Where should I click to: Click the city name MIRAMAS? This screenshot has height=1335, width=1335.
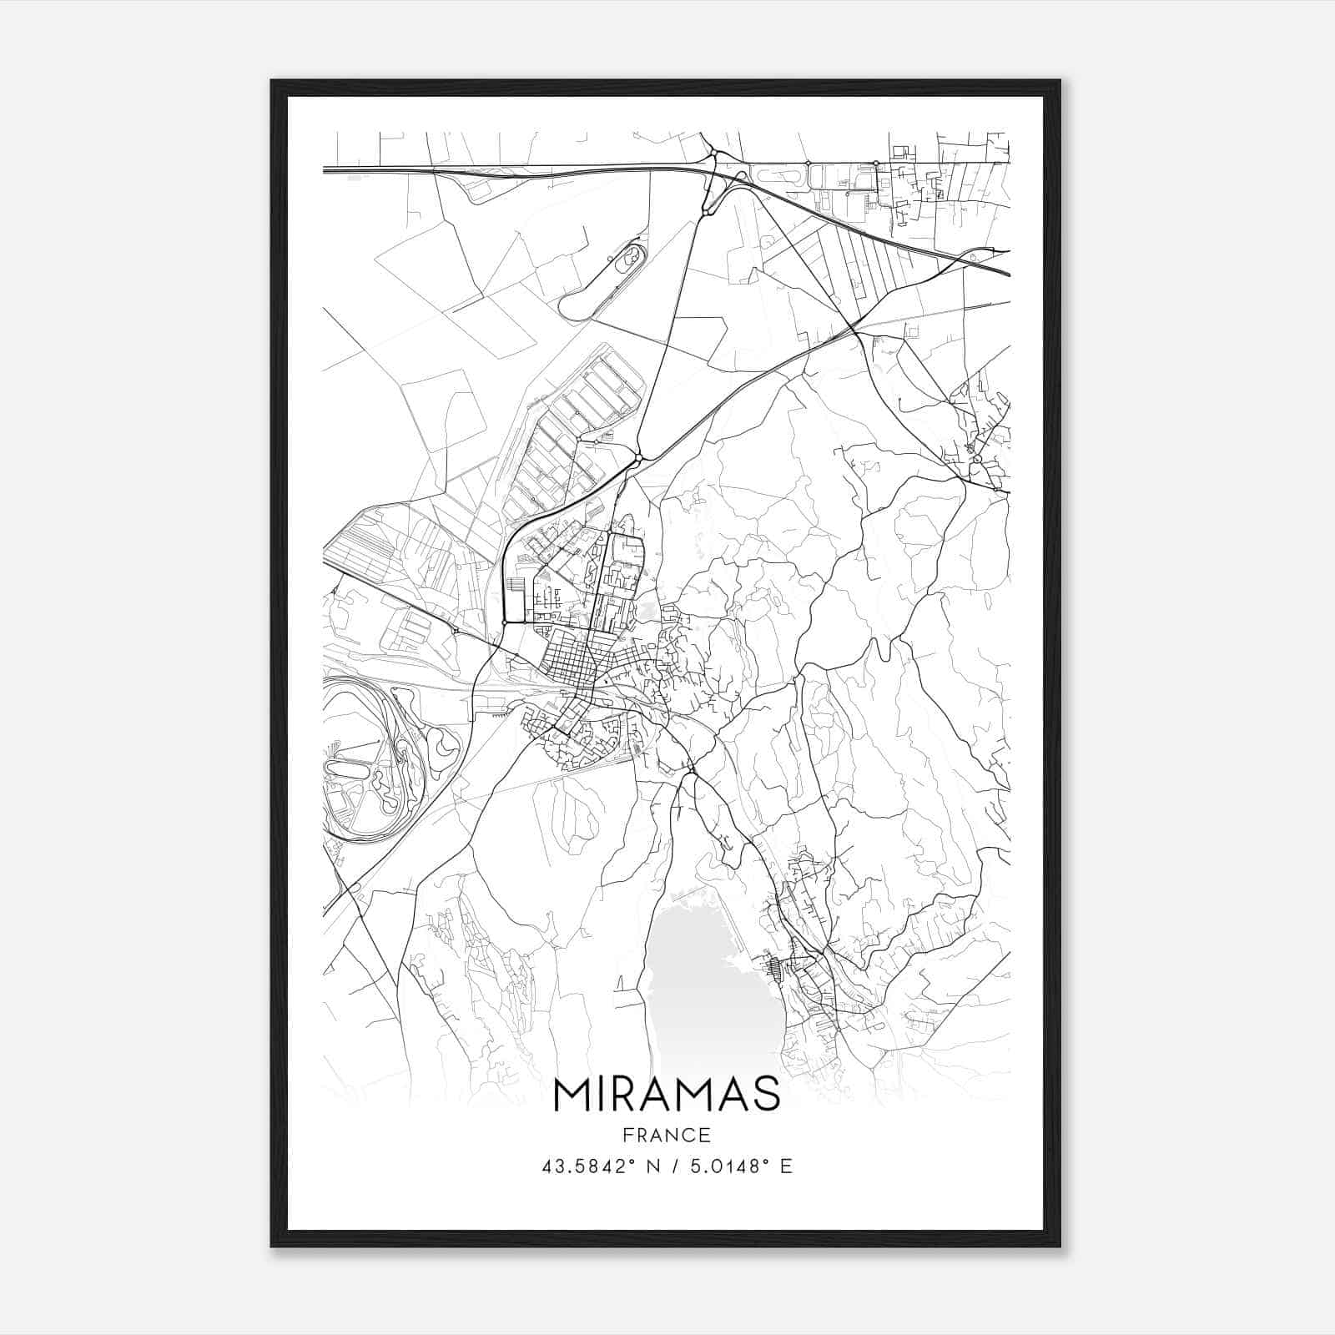(666, 1095)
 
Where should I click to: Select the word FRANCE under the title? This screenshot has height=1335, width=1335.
(666, 1135)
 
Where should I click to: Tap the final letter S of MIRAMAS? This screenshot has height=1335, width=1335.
(766, 1095)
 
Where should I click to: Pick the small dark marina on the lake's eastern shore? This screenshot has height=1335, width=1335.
(775, 968)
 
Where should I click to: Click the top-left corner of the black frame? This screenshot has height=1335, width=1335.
(273, 82)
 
